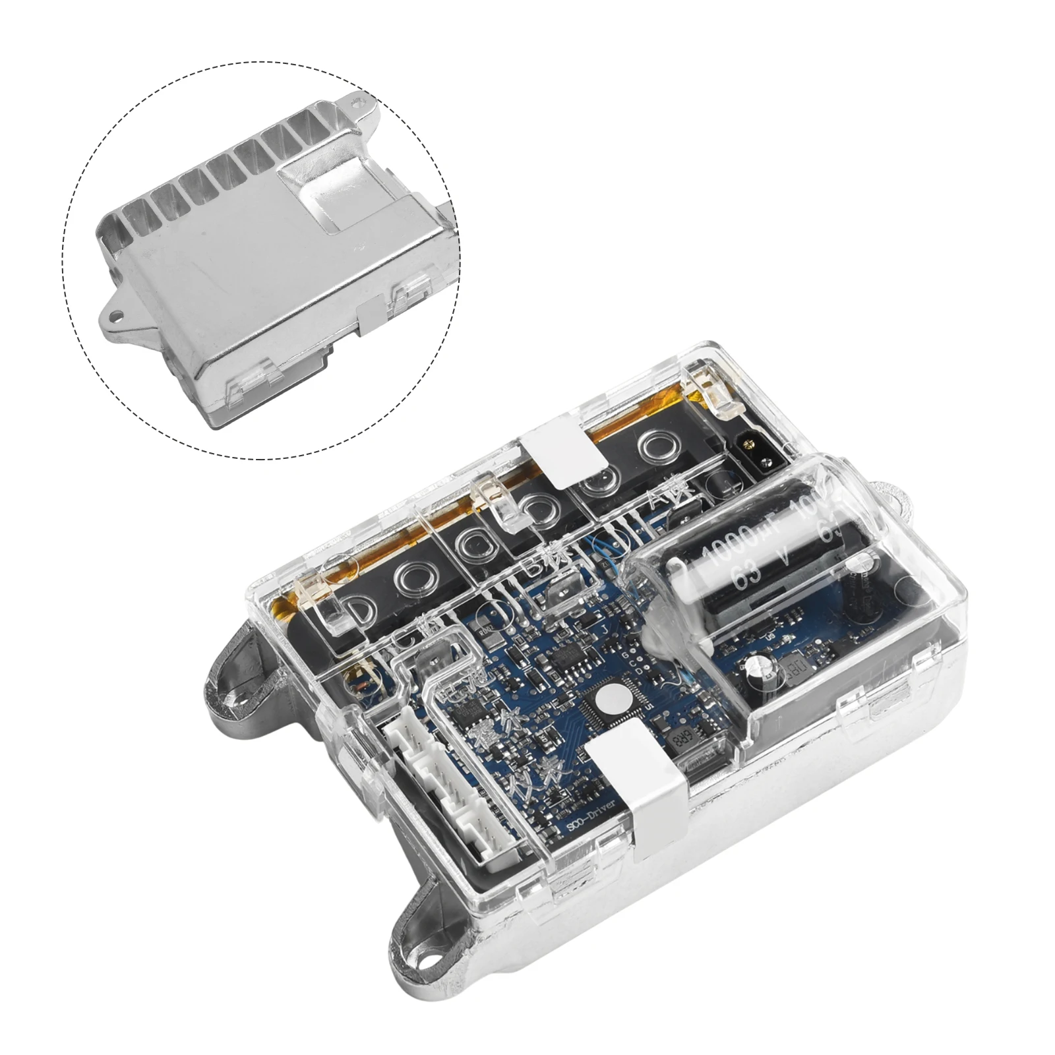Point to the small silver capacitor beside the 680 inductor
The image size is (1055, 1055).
coord(768,671)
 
